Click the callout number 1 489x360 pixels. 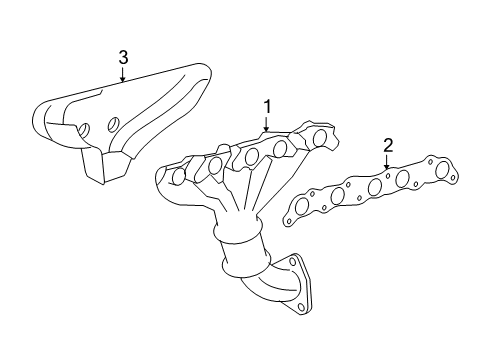click(x=267, y=106)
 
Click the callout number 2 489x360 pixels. click(x=388, y=146)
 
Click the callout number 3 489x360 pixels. click(x=122, y=57)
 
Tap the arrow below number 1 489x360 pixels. click(x=267, y=124)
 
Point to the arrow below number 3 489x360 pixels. click(x=122, y=75)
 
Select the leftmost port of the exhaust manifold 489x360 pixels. click(x=178, y=176)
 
